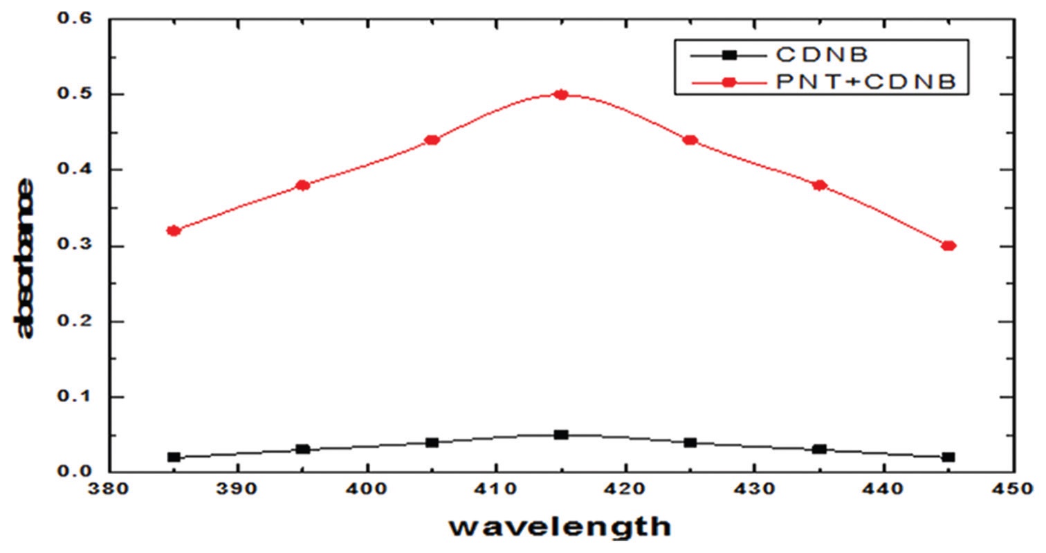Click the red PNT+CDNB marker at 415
[561, 95]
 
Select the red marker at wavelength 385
[174, 230]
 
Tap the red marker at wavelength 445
[948, 246]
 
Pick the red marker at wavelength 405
[432, 140]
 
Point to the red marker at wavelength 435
[820, 185]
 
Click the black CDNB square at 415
[561, 435]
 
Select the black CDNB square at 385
[174, 457]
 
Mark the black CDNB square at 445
[948, 457]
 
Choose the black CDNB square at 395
[302, 449]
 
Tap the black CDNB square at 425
[690, 442]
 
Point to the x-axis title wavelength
[560, 527]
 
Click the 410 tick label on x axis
[495, 489]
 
